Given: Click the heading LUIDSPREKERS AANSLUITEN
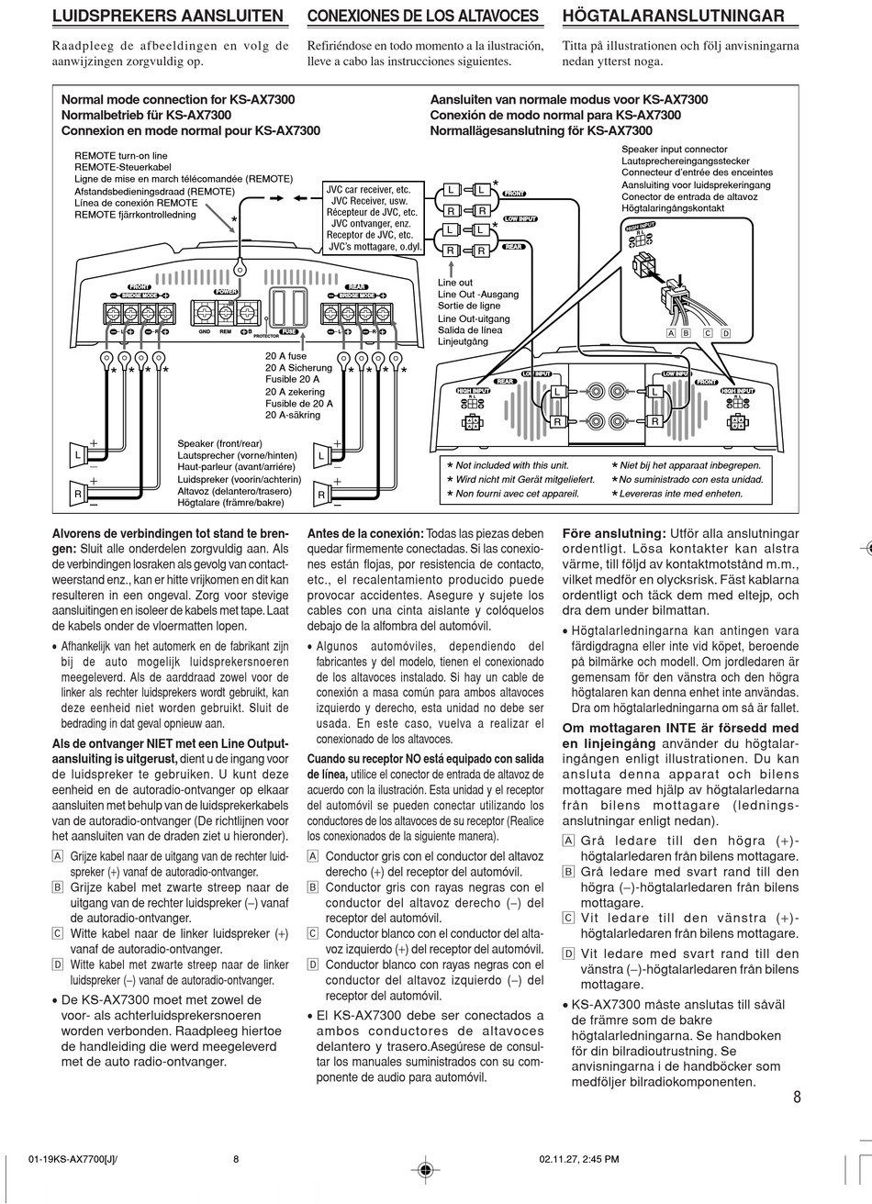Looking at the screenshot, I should coord(168,17).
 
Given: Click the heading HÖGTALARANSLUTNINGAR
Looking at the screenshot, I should coord(673,17).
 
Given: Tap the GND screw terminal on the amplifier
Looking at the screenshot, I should coord(200,314).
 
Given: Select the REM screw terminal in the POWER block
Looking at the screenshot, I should coord(224,314).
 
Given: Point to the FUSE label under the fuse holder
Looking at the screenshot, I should coord(288,330).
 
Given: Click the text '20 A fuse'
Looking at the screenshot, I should coord(286,355).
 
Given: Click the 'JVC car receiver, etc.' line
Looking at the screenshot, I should coord(368,189).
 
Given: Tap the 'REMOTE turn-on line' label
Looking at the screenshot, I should coord(121,156).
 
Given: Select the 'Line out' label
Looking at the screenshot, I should coord(455,283).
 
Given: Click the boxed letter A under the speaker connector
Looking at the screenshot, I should coord(672,333).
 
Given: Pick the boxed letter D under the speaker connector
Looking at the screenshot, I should coord(725,333).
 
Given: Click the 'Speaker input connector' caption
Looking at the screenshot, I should coord(674,150).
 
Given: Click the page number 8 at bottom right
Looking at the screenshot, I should coord(797,1097).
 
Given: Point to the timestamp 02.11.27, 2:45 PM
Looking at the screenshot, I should coord(580,1159).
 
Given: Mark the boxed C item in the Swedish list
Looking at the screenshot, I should coord(568,918).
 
